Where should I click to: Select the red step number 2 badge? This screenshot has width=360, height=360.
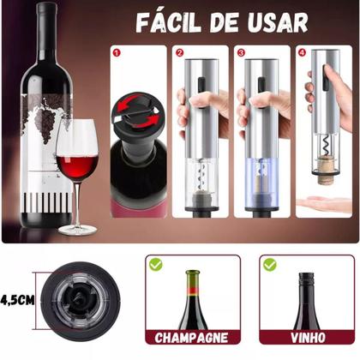(180, 52)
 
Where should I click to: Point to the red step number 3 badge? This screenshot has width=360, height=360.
(242, 52)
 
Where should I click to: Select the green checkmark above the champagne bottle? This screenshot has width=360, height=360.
(154, 266)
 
